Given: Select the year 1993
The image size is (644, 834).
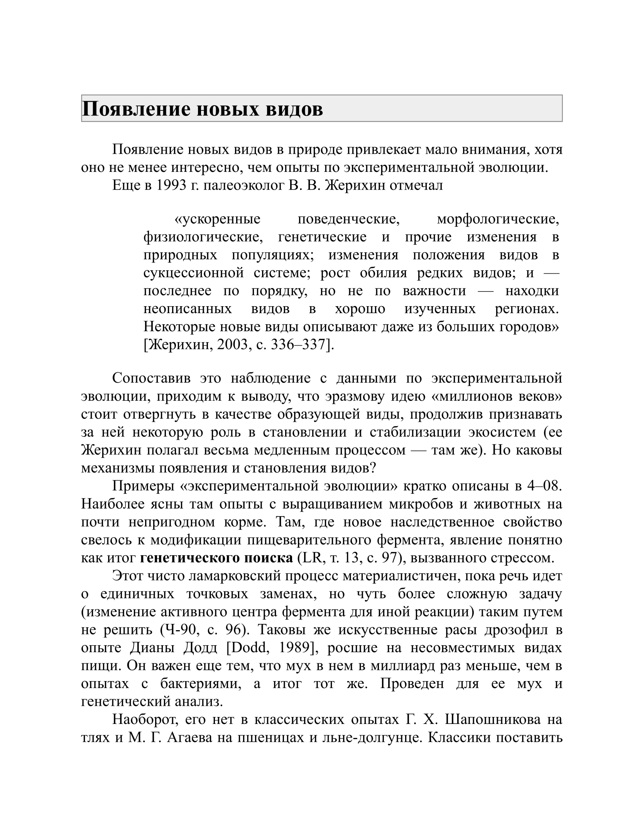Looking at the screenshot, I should pos(171,186).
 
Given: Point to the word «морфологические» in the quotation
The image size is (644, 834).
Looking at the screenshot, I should pos(498,219).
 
